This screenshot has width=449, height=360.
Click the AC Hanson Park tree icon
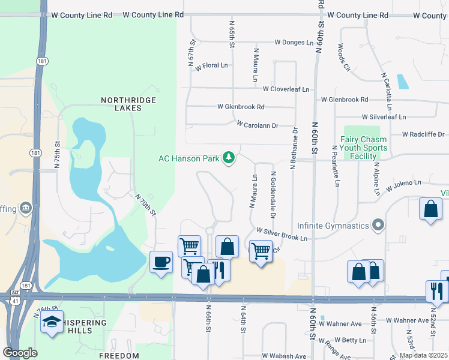tap(228, 158)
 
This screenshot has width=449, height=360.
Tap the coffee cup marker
tap(161, 262)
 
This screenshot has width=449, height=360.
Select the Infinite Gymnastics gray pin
tap(378, 226)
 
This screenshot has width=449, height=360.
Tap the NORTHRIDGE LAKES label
tap(128, 104)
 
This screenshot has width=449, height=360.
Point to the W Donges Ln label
tap(294, 43)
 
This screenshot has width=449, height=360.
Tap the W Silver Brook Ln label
tap(282, 234)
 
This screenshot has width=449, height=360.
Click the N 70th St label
tap(145, 204)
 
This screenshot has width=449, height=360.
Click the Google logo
tap(20, 353)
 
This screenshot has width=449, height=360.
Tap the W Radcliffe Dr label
tap(423, 134)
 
